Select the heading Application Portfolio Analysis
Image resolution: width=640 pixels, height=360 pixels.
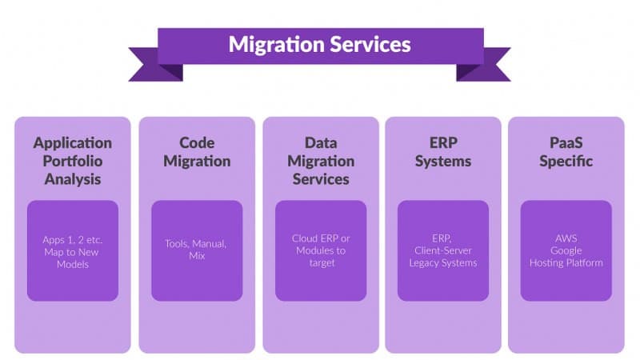(73, 160)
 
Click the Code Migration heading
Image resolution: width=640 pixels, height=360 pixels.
(197, 152)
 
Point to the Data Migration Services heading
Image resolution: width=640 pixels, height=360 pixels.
(321, 160)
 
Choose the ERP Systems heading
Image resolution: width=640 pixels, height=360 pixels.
(444, 152)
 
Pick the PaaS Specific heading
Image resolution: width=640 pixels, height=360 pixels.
(566, 152)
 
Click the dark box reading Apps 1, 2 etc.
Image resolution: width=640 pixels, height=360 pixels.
(73, 250)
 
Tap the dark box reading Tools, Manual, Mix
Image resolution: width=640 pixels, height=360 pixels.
(197, 250)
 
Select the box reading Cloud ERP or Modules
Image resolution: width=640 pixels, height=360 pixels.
(321, 250)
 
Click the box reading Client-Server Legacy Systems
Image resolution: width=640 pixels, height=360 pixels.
(443, 250)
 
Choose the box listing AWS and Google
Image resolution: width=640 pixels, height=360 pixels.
(566, 250)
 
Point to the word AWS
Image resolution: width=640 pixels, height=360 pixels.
(566, 238)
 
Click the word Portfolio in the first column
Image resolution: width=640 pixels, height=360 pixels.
(73, 161)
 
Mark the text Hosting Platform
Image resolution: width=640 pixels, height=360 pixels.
(566, 262)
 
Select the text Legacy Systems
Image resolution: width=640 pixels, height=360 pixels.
(443, 262)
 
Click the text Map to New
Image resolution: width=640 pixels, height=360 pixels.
(73, 251)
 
